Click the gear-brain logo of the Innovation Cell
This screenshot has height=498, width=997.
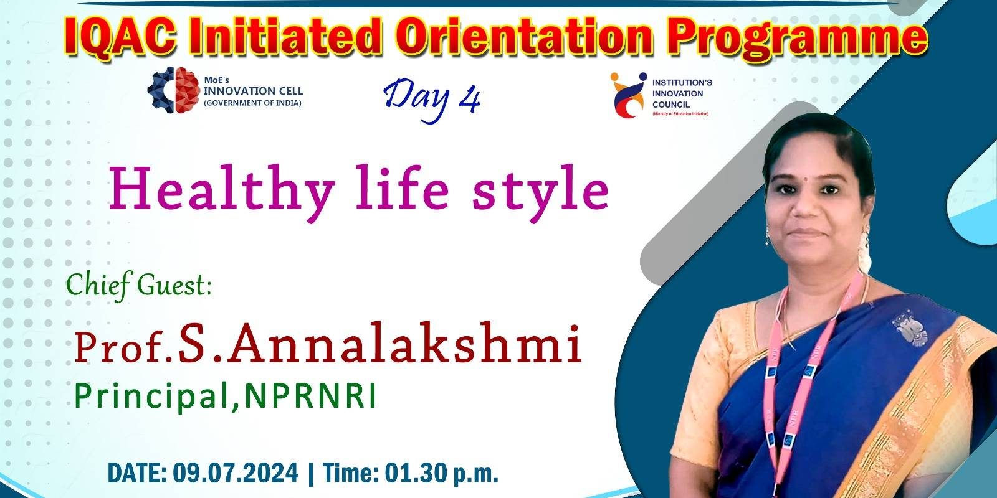173,90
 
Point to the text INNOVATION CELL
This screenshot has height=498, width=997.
253,91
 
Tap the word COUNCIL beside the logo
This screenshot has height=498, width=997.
671,105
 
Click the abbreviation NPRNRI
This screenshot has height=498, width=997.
310,396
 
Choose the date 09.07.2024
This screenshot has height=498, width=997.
236,472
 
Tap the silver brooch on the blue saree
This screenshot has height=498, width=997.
910,329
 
